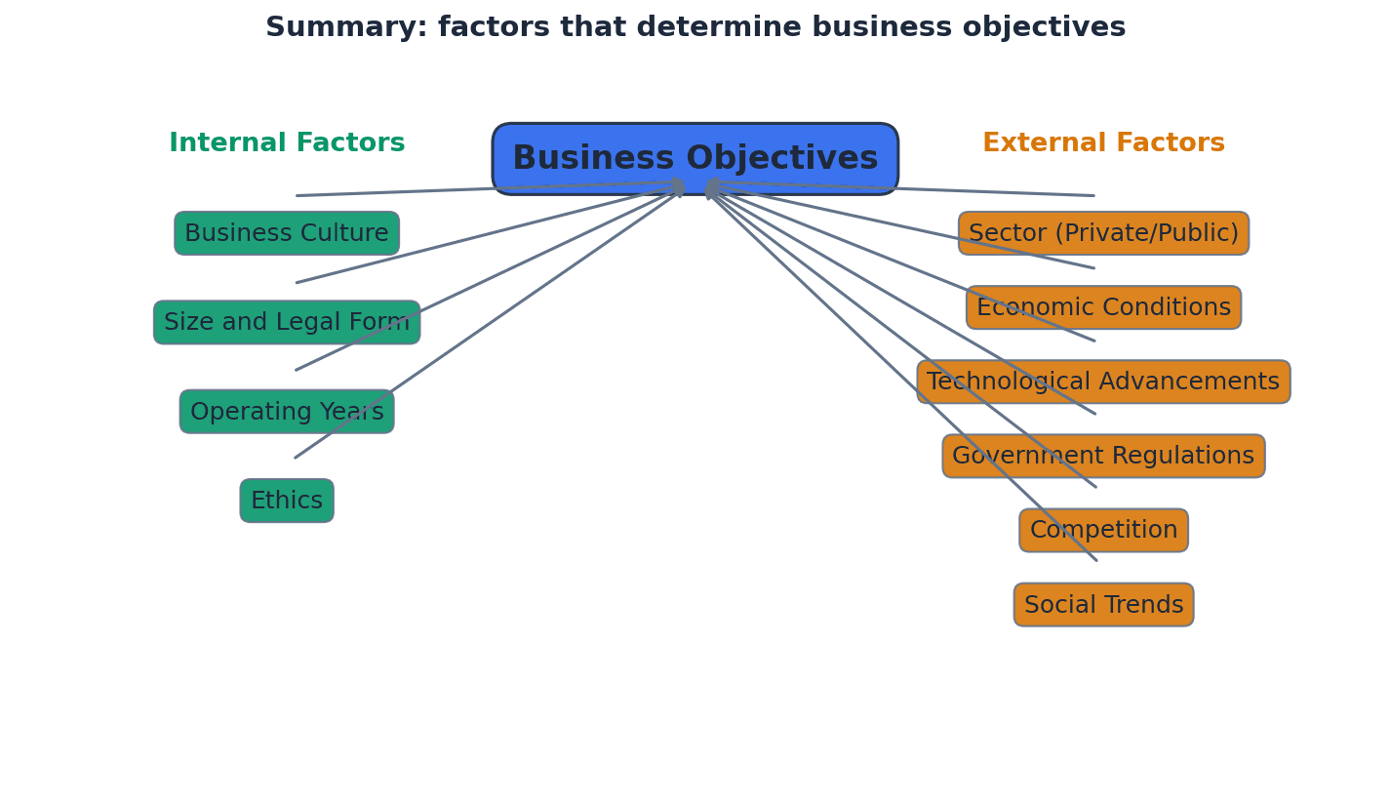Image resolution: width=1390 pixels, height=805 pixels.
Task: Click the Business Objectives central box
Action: click(695, 159)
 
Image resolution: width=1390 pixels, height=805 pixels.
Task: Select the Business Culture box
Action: click(287, 234)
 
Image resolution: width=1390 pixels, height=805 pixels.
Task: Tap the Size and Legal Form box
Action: click(287, 323)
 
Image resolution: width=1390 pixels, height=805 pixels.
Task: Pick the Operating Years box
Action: click(287, 412)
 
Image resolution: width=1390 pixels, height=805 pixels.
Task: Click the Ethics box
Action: click(287, 502)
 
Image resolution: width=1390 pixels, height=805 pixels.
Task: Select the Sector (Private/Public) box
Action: click(1103, 234)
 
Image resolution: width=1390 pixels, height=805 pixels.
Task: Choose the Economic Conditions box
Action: click(1103, 308)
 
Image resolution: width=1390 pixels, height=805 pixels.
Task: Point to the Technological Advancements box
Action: click(1103, 382)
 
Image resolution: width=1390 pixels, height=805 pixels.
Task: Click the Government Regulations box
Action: click(1103, 457)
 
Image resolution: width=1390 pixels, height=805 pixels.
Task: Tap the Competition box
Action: click(1103, 531)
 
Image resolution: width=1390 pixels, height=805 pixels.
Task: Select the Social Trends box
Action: click(1103, 605)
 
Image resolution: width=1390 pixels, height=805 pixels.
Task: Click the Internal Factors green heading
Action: click(287, 143)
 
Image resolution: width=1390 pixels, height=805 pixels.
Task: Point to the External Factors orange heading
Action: click(1103, 143)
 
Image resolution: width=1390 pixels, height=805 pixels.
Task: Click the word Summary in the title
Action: click(345, 27)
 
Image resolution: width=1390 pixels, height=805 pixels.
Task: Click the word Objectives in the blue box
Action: click(781, 159)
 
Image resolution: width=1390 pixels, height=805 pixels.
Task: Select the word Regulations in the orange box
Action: click(1182, 457)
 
